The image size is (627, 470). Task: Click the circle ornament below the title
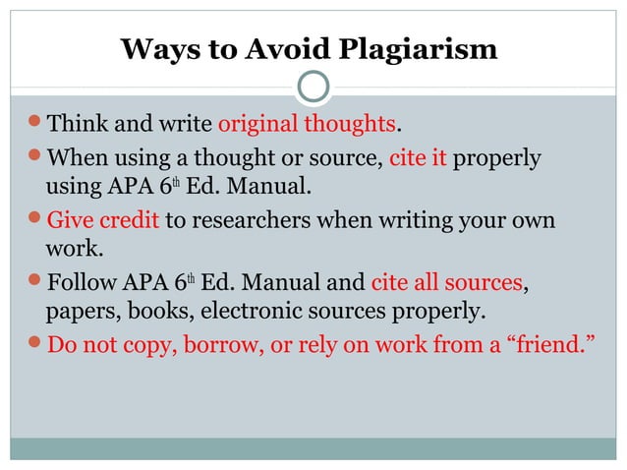click(313, 88)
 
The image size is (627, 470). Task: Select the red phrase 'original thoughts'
click(307, 125)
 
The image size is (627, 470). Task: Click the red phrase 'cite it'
click(419, 157)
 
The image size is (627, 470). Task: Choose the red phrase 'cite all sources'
click(446, 283)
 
